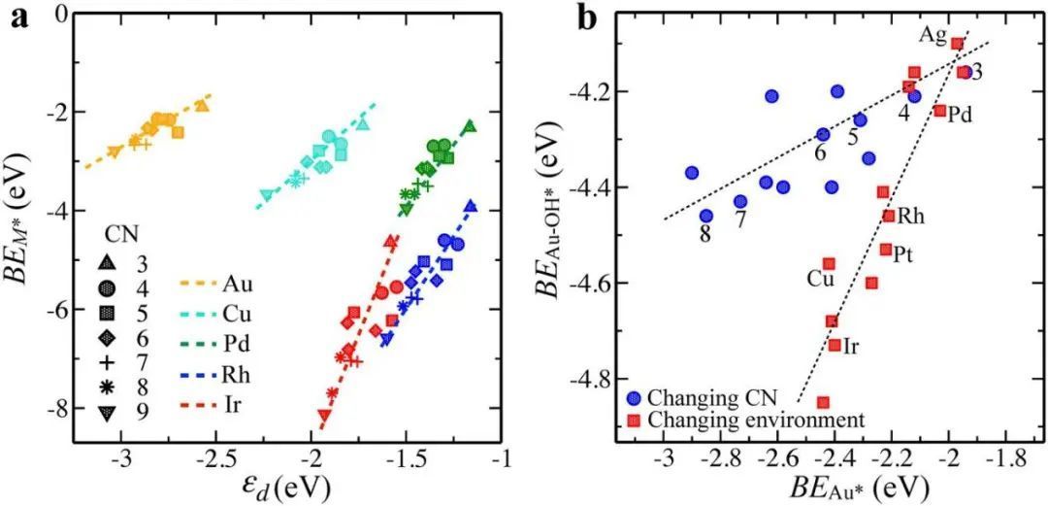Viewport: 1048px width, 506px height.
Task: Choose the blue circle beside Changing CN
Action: (632, 397)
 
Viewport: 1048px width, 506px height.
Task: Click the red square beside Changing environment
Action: (632, 420)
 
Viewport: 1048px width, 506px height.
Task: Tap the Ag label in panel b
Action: (933, 35)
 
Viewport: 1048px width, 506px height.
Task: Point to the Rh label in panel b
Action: (910, 216)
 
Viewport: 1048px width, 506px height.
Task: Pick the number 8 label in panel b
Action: (705, 232)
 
